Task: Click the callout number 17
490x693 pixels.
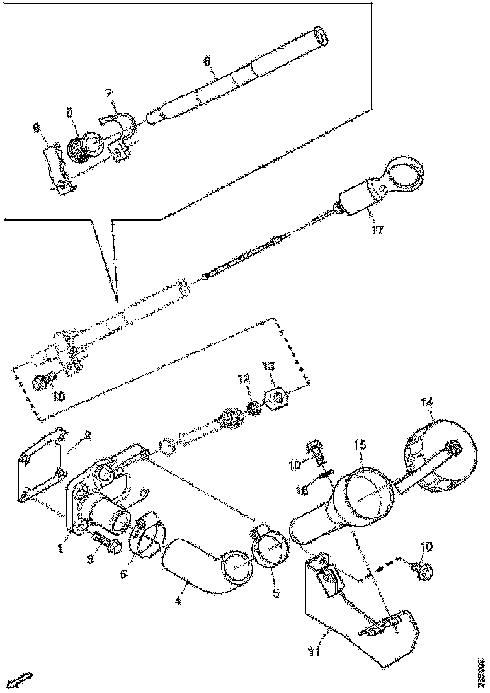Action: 377,230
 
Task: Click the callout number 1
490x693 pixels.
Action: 60,549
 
